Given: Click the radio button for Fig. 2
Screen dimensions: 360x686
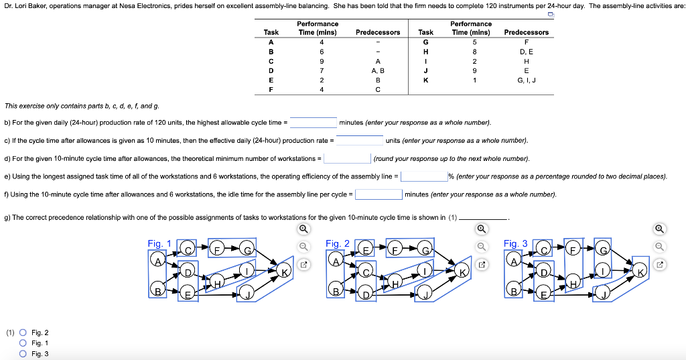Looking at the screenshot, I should coord(23,333).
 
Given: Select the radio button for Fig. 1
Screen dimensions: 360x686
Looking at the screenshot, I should coord(23,343).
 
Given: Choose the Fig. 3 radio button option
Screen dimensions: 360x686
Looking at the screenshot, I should coord(23,354).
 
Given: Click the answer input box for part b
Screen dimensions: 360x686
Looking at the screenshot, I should coord(313,123).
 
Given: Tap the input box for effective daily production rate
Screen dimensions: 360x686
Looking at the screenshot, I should coord(360,141).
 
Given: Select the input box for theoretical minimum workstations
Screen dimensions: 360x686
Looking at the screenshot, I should coord(348,159).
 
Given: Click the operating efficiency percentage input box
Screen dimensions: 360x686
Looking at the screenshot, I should coord(424,176).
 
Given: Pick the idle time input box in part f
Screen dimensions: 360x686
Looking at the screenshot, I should coord(379,194).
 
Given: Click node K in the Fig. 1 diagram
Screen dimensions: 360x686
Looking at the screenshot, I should coord(284,272).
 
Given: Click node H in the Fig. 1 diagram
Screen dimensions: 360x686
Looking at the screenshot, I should coord(218,284).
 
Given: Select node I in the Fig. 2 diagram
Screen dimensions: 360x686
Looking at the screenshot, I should coord(425,272).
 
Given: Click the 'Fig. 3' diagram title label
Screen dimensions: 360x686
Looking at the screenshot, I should coord(515,244).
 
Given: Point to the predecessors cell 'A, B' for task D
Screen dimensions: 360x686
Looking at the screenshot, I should coord(378,70).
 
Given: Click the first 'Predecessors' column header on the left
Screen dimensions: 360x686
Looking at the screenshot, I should coord(378,32).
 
